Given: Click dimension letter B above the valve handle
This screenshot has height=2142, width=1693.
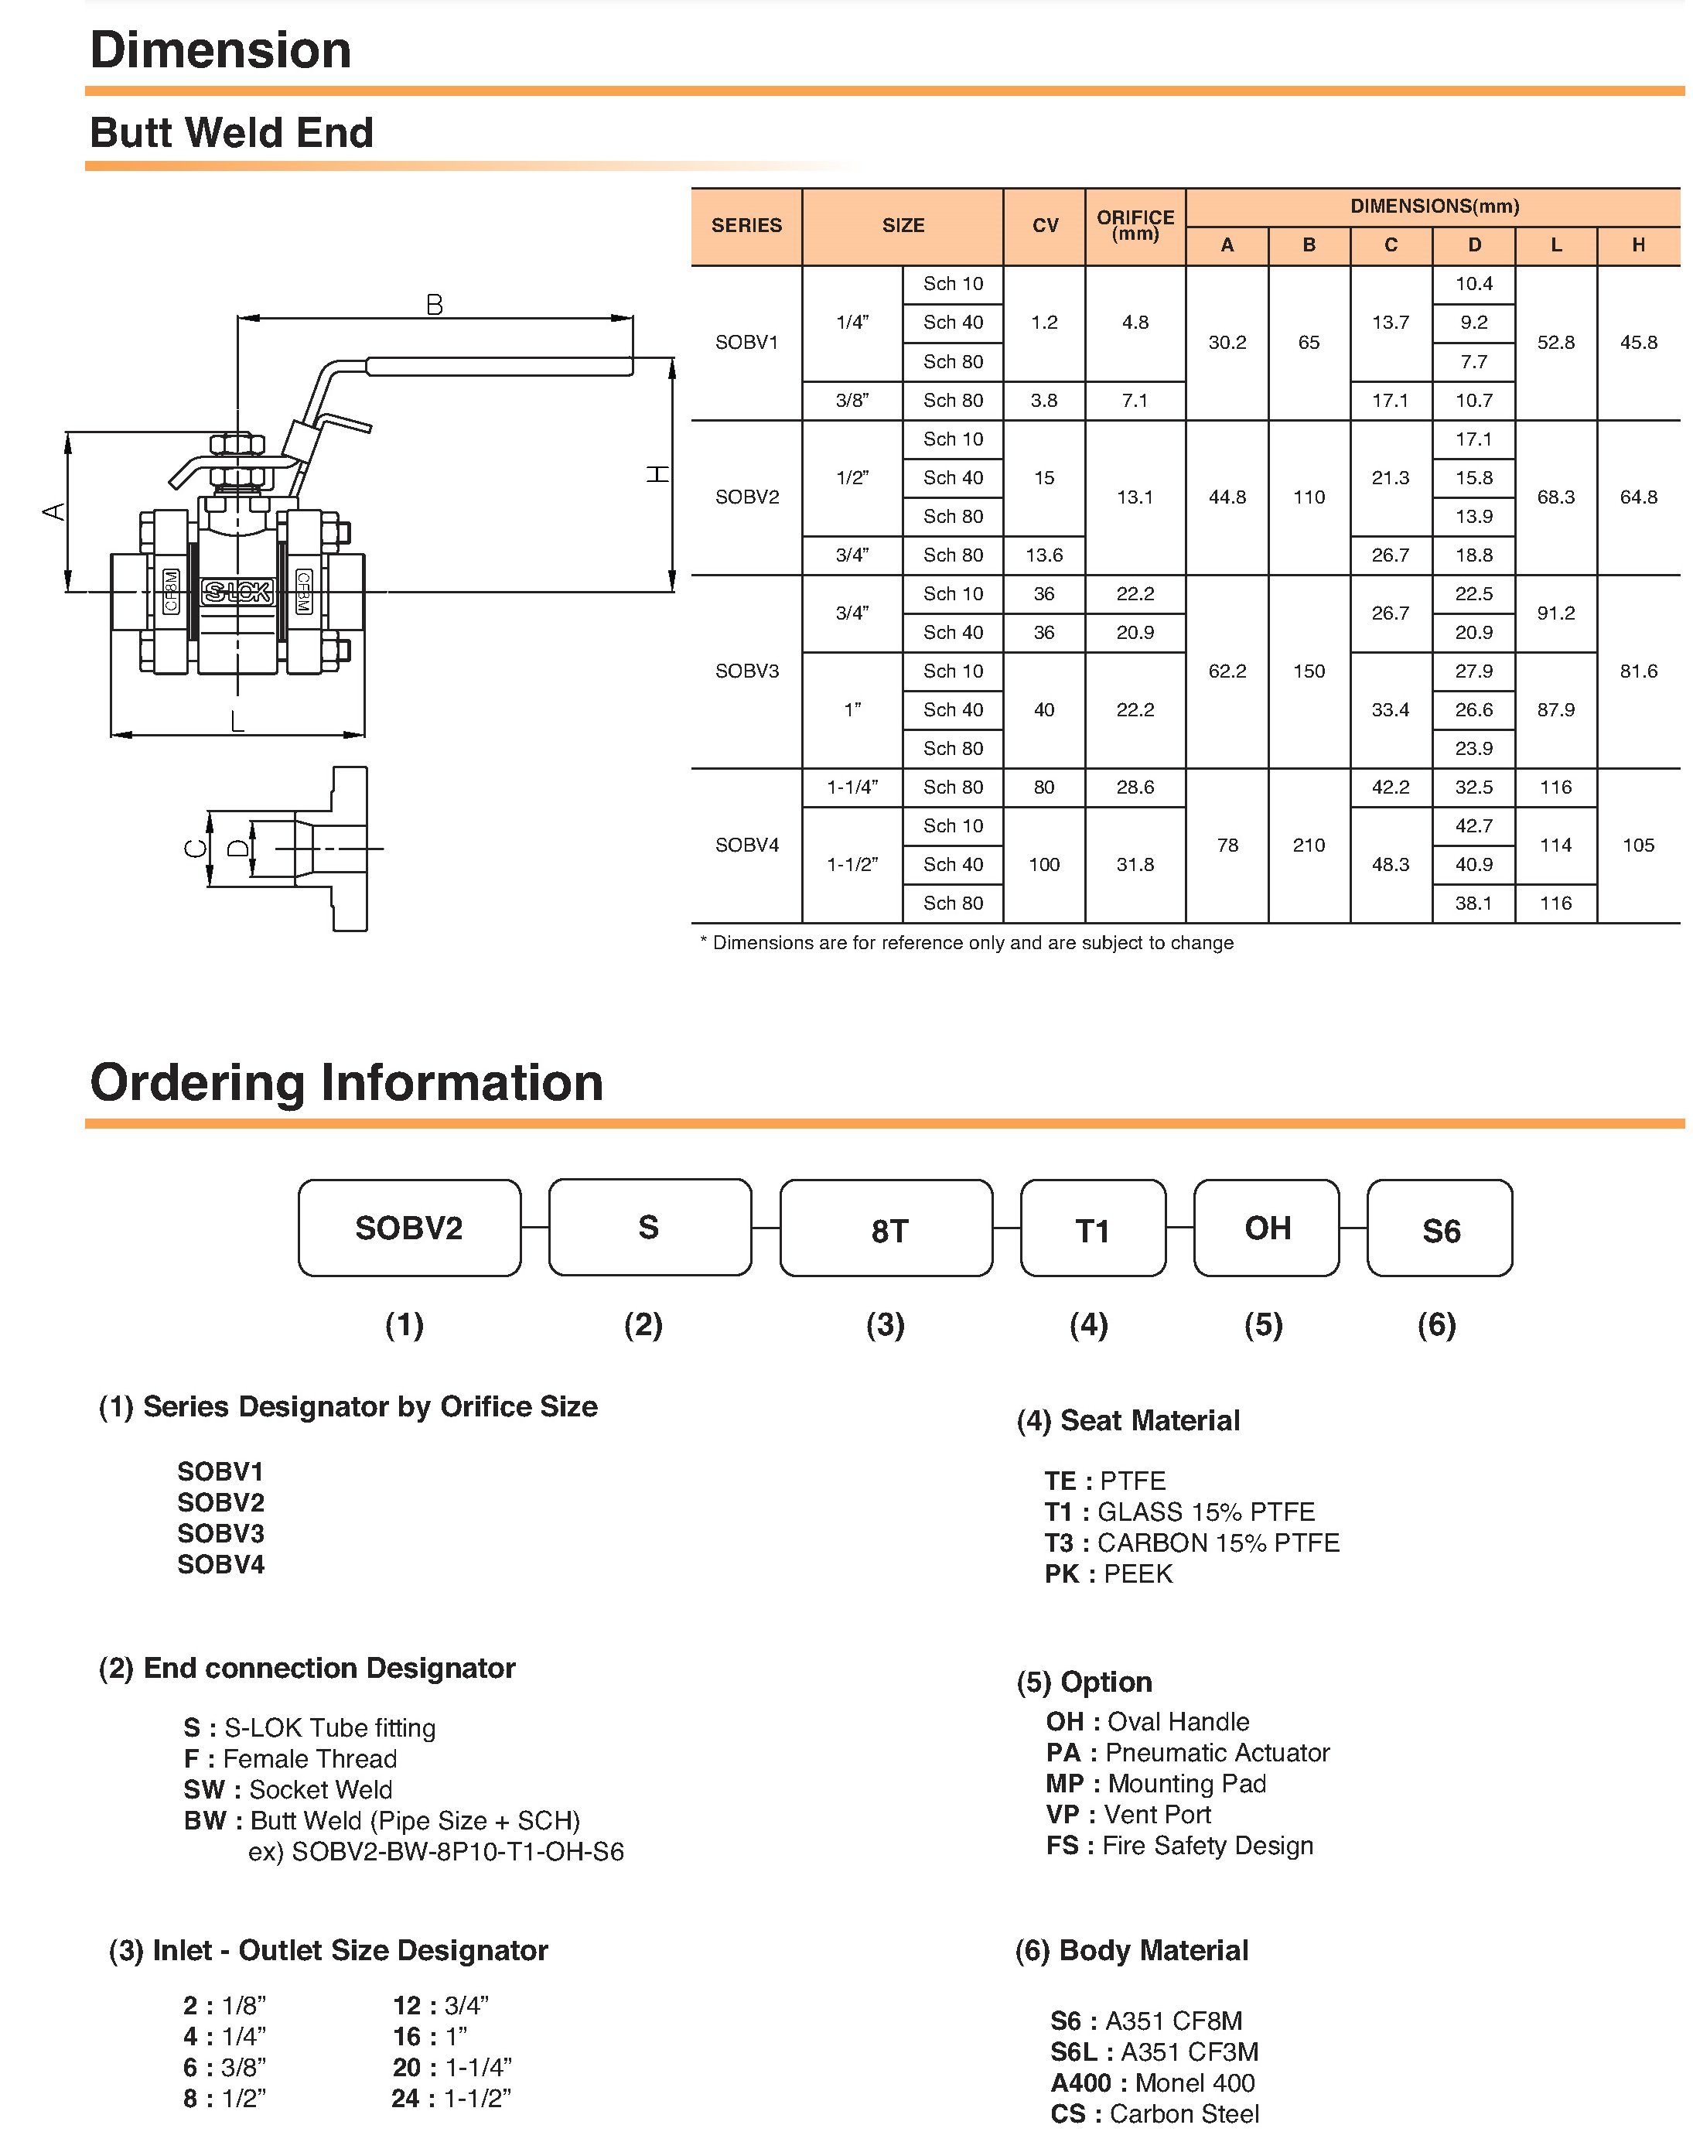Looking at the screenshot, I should tap(434, 304).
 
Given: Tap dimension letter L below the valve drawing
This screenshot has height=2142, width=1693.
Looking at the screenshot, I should tap(237, 722).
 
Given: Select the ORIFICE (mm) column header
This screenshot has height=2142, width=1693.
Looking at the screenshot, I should tap(1135, 225).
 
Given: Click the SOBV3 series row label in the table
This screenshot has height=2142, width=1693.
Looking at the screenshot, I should tap(746, 671).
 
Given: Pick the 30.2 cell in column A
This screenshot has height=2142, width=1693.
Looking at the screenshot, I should tap(1227, 342).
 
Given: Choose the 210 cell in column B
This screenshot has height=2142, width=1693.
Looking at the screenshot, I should tap(1309, 845).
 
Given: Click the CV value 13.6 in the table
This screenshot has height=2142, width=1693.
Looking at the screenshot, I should tap(1044, 555).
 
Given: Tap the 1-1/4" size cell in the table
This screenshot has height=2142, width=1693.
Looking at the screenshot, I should tap(852, 787).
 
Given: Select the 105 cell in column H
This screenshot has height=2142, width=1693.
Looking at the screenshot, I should tap(1637, 845).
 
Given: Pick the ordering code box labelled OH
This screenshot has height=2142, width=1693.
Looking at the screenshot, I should tap(1266, 1228).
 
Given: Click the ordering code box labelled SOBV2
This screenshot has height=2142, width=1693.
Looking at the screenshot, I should tap(409, 1228).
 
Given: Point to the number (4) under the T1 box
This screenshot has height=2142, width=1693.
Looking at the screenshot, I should tap(1088, 1324).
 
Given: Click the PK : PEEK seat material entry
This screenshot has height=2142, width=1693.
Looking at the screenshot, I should tap(1108, 1574).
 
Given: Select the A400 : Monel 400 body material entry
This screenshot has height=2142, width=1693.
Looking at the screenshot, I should tap(1152, 2082).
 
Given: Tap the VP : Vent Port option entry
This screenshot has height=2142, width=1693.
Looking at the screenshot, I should tap(1128, 1814).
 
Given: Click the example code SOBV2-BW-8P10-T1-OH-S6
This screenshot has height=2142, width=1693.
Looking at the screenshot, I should tap(436, 1852).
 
